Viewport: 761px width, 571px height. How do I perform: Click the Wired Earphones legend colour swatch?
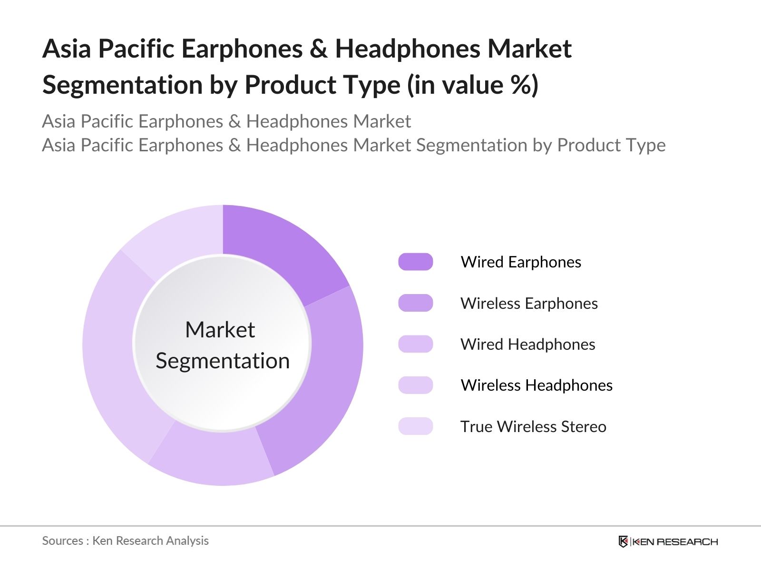416,262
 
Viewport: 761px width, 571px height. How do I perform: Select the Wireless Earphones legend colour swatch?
416,303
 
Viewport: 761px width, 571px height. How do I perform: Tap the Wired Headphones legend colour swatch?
416,344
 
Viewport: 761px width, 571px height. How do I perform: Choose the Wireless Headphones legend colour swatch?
416,385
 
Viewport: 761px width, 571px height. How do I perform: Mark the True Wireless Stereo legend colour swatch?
416,426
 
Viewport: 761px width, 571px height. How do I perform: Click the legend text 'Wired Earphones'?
521,262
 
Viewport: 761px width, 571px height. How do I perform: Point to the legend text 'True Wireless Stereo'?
533,426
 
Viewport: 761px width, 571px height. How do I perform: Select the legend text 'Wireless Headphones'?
537,385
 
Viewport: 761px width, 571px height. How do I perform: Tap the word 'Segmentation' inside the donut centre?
223,361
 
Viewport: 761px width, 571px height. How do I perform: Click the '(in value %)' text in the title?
473,85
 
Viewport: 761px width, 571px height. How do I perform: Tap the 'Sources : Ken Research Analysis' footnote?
125,541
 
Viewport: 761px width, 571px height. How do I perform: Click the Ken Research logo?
668,541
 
